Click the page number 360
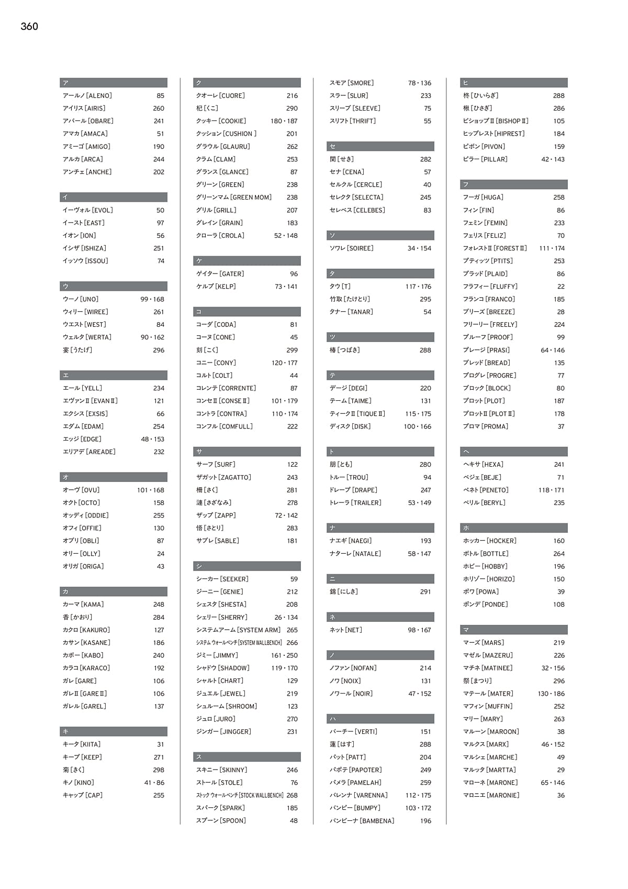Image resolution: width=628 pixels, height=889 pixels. tap(29, 27)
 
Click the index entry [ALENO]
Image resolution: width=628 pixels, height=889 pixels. tap(87, 96)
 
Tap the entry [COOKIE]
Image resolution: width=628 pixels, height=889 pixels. tap(221, 121)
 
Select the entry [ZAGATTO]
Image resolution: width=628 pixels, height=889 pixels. tap(223, 477)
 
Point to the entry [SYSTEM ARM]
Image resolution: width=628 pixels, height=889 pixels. tap(238, 630)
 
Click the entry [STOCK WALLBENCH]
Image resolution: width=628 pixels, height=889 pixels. tap(240, 795)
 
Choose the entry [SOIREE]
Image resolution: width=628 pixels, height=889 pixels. tap(351, 248)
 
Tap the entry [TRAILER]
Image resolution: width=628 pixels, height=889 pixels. tap(355, 503)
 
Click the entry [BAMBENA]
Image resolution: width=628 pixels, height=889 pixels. tap(362, 821)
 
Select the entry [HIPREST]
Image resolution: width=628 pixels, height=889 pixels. tap(494, 134)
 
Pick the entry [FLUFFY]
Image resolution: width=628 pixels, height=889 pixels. tap(490, 287)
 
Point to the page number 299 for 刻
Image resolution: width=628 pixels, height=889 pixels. tap(292, 350)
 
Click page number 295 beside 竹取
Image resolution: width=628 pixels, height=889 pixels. tap(425, 299)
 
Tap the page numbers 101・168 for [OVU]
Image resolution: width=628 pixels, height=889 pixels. tap(151, 490)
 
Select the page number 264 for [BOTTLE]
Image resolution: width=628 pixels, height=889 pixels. tap(559, 554)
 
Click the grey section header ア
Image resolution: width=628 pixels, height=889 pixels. tap(114, 83)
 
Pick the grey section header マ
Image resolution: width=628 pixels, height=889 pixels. tap(514, 630)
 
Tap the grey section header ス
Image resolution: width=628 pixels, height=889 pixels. tap(247, 757)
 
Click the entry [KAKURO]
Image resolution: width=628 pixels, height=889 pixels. tap(86, 630)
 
